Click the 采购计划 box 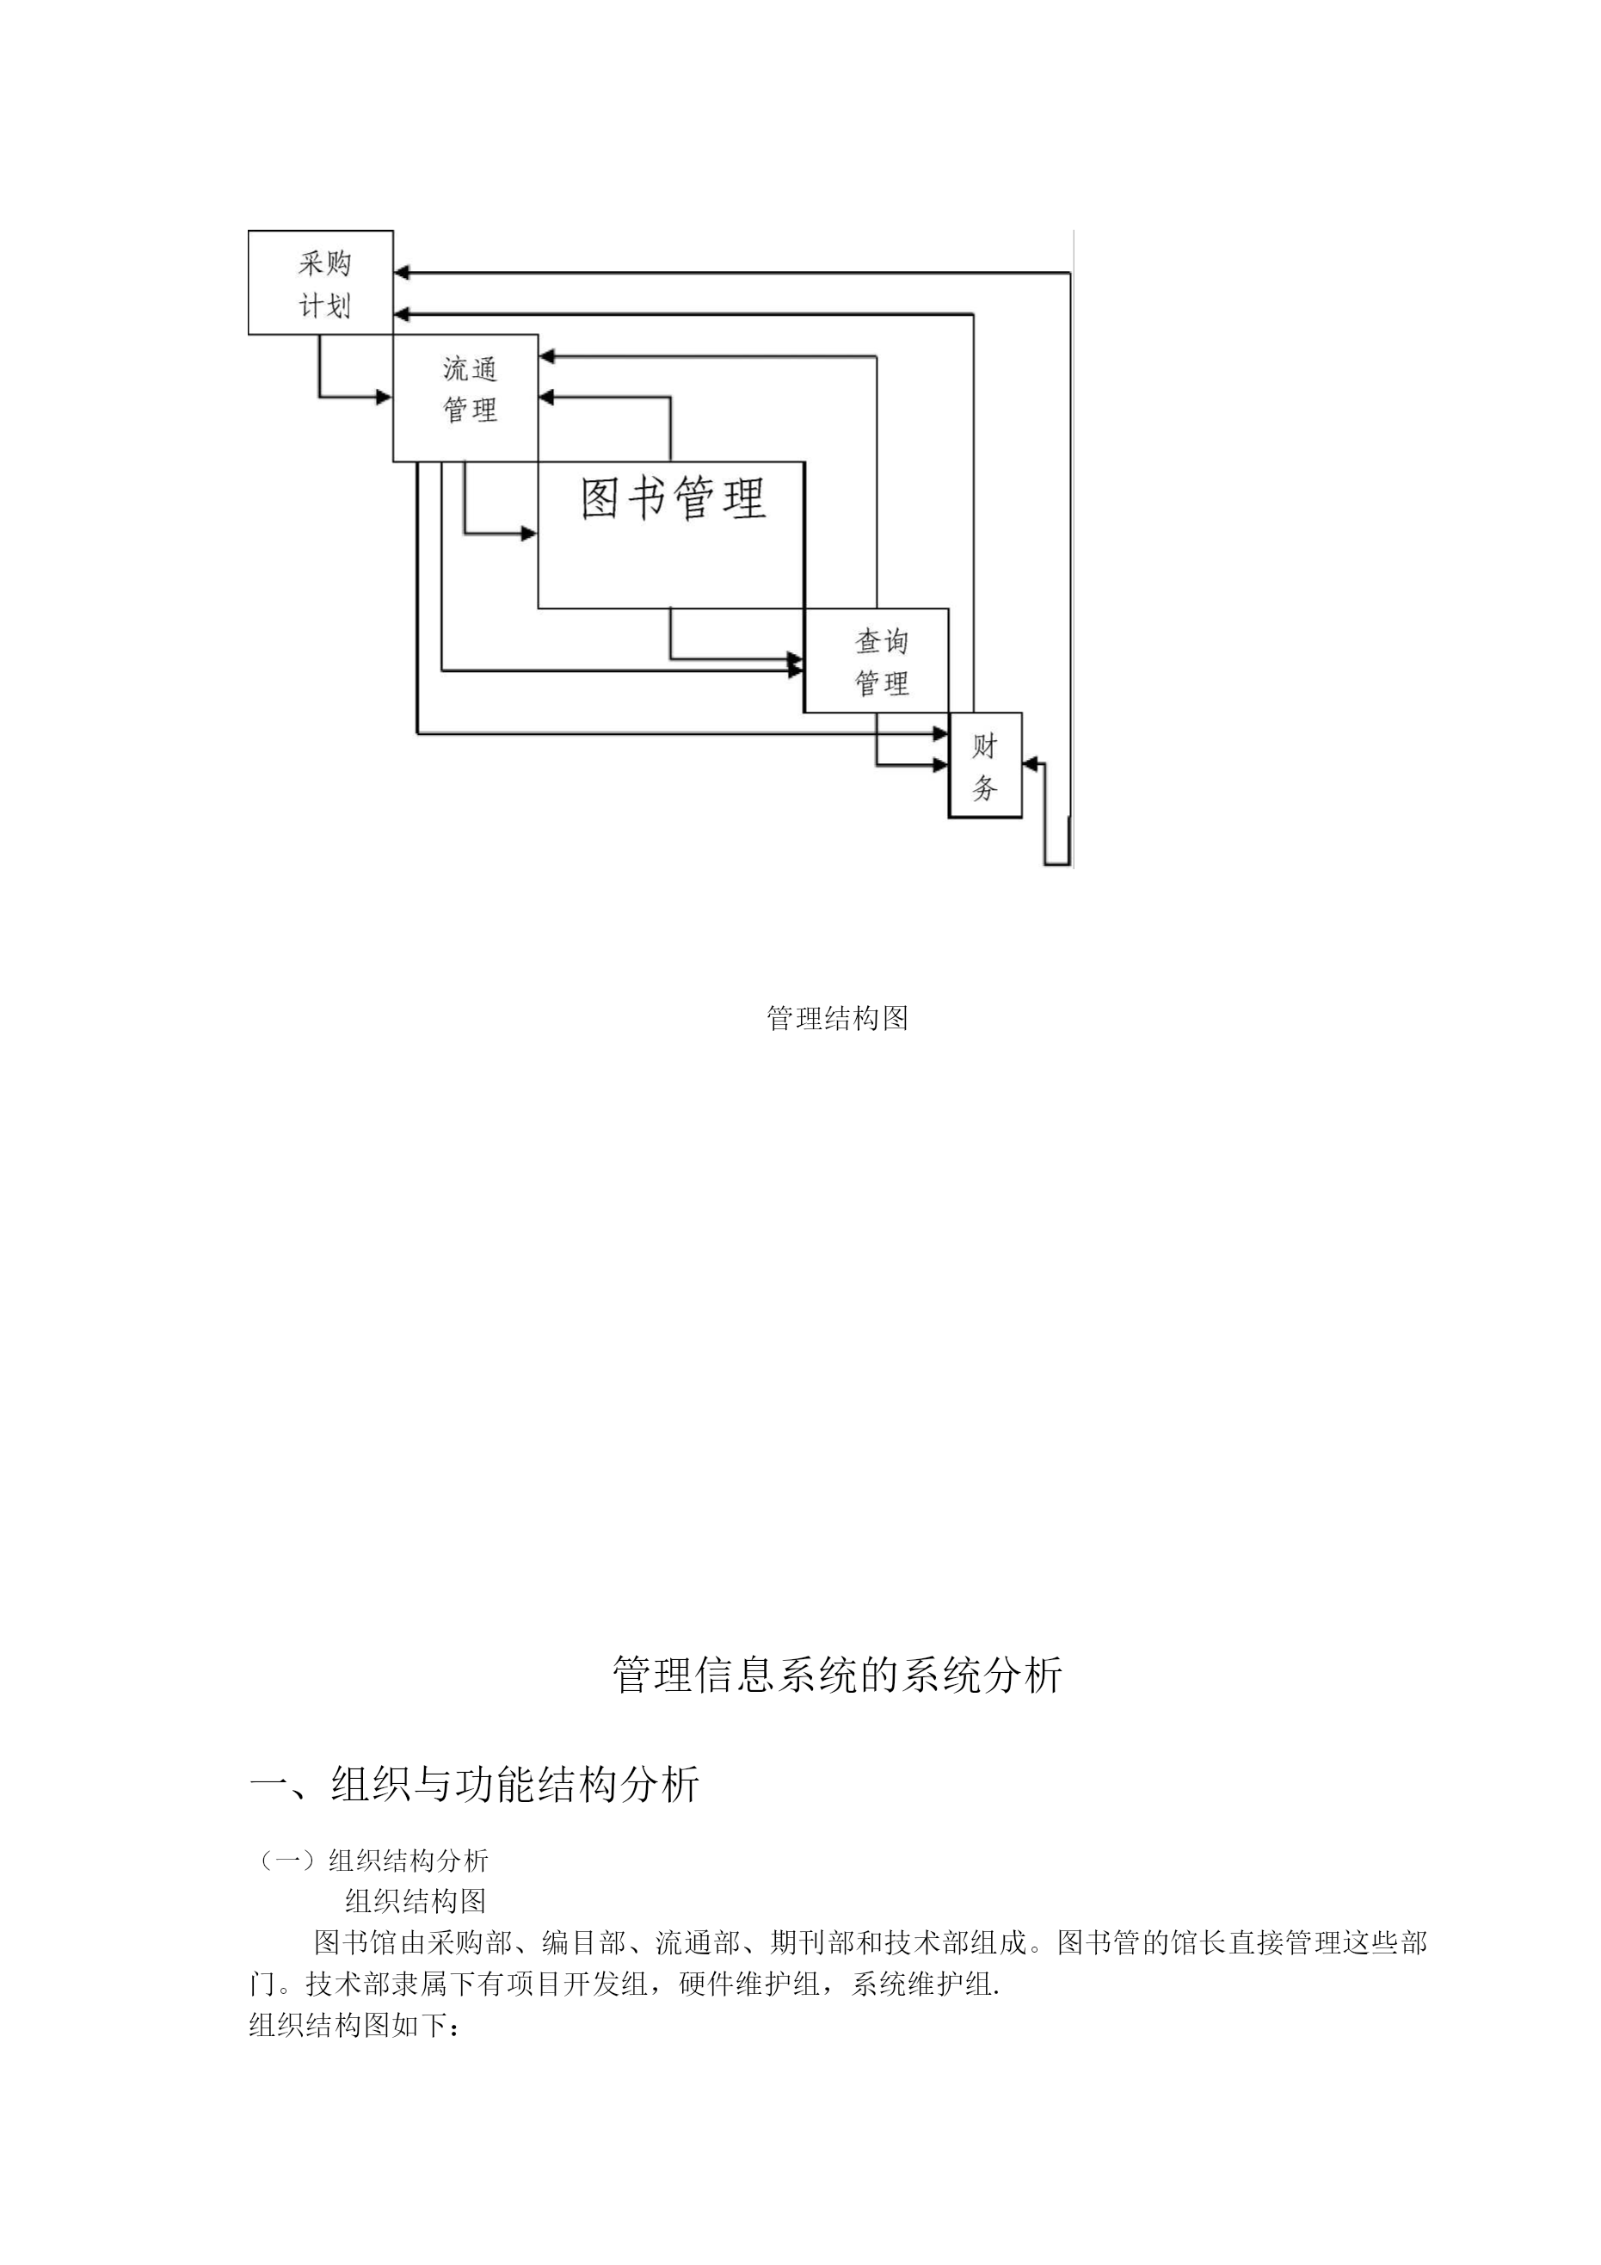tap(321, 283)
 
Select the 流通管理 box tap(465, 398)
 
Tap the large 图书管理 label tap(674, 498)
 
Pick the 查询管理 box tap(877, 661)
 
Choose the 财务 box tap(985, 766)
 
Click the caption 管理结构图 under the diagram tap(837, 1018)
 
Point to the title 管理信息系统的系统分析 tap(837, 1675)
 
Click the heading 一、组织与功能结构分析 tap(475, 1785)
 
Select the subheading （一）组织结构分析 tap(371, 1861)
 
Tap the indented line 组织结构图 tap(416, 1901)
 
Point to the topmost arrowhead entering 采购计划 tap(402, 272)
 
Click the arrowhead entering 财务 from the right tap(1030, 762)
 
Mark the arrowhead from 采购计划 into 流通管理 tap(385, 398)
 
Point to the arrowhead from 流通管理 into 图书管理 tap(530, 534)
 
